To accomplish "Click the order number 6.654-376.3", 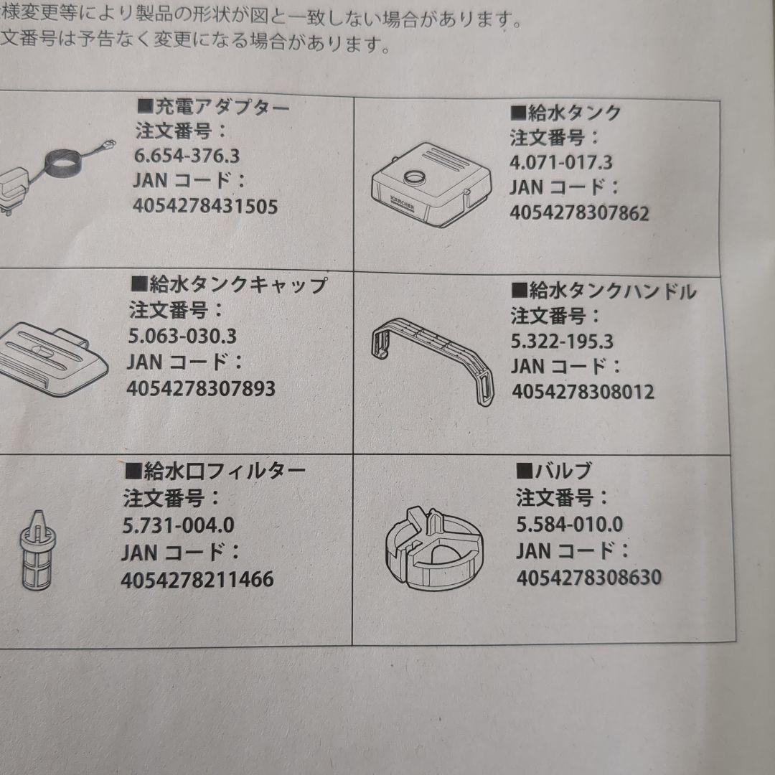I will click(x=187, y=155).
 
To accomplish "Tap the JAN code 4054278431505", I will click(x=205, y=207).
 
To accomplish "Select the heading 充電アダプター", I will click(x=212, y=108).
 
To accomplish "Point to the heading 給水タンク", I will click(x=565, y=112).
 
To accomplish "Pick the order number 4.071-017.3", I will click(x=561, y=161).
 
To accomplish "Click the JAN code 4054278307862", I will click(x=579, y=213).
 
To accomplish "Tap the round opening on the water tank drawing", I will click(x=415, y=177).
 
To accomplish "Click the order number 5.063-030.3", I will click(x=183, y=336).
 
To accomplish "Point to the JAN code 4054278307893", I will click(x=201, y=388).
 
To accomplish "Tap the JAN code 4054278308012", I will click(x=583, y=392).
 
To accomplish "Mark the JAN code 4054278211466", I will click(x=197, y=579).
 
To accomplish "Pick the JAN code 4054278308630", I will click(x=588, y=577).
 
